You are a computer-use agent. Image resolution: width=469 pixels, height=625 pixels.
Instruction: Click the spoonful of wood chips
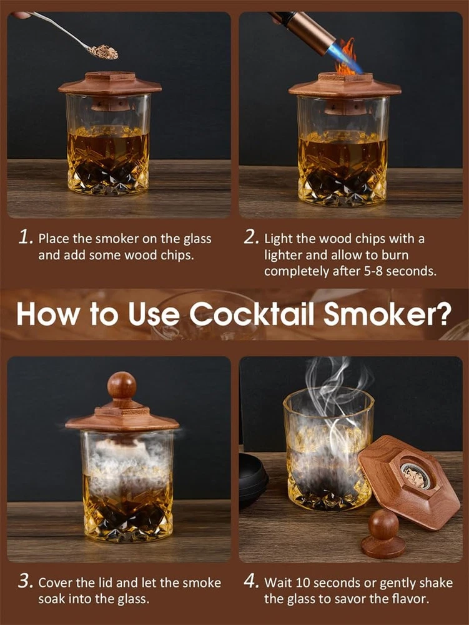tap(103, 52)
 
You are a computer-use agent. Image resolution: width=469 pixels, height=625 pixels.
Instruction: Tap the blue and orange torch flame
tap(348, 57)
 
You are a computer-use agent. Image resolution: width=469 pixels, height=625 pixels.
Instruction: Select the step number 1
tap(26, 237)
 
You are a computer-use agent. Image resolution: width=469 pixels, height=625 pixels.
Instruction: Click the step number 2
tap(252, 237)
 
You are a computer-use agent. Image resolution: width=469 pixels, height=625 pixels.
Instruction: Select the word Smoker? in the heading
tap(387, 314)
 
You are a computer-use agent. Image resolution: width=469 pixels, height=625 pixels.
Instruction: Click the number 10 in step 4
tap(303, 582)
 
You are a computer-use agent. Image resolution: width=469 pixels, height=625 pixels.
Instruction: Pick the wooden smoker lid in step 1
tap(110, 84)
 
